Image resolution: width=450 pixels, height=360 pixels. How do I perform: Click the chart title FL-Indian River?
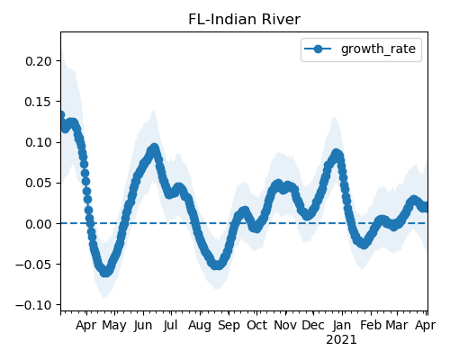click(x=244, y=20)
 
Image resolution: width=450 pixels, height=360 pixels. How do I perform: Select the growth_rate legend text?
click(x=378, y=49)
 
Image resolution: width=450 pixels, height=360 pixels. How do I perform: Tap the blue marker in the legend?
click(x=318, y=49)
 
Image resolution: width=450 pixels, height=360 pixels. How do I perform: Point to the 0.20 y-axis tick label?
click(x=39, y=61)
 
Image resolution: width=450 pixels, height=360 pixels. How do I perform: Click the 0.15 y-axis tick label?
click(x=39, y=102)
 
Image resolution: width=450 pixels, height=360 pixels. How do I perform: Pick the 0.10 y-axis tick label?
click(x=39, y=142)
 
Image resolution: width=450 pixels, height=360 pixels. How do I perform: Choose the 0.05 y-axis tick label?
click(x=39, y=183)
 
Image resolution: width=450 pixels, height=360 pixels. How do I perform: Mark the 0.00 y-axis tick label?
click(x=39, y=224)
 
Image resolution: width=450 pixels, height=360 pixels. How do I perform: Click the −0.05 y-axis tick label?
click(x=34, y=265)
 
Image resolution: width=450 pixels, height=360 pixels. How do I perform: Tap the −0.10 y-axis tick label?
click(x=34, y=305)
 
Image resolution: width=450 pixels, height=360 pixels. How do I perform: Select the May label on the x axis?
click(x=114, y=326)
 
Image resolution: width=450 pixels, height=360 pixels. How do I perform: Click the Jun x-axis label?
click(x=143, y=326)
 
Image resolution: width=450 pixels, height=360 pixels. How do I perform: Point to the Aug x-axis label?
click(x=200, y=326)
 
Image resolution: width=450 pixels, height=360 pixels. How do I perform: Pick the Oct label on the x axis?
click(x=256, y=326)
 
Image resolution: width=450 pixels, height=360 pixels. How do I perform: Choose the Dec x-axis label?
click(x=313, y=326)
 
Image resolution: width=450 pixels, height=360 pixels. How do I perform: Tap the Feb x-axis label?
click(x=371, y=326)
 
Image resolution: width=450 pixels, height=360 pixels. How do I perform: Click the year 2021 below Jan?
click(x=341, y=340)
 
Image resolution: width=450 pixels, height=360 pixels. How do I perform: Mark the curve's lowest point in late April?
click(x=105, y=272)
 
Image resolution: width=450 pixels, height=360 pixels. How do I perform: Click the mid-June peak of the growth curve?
click(x=154, y=148)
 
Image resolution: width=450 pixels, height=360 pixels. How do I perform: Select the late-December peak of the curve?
click(x=337, y=154)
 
